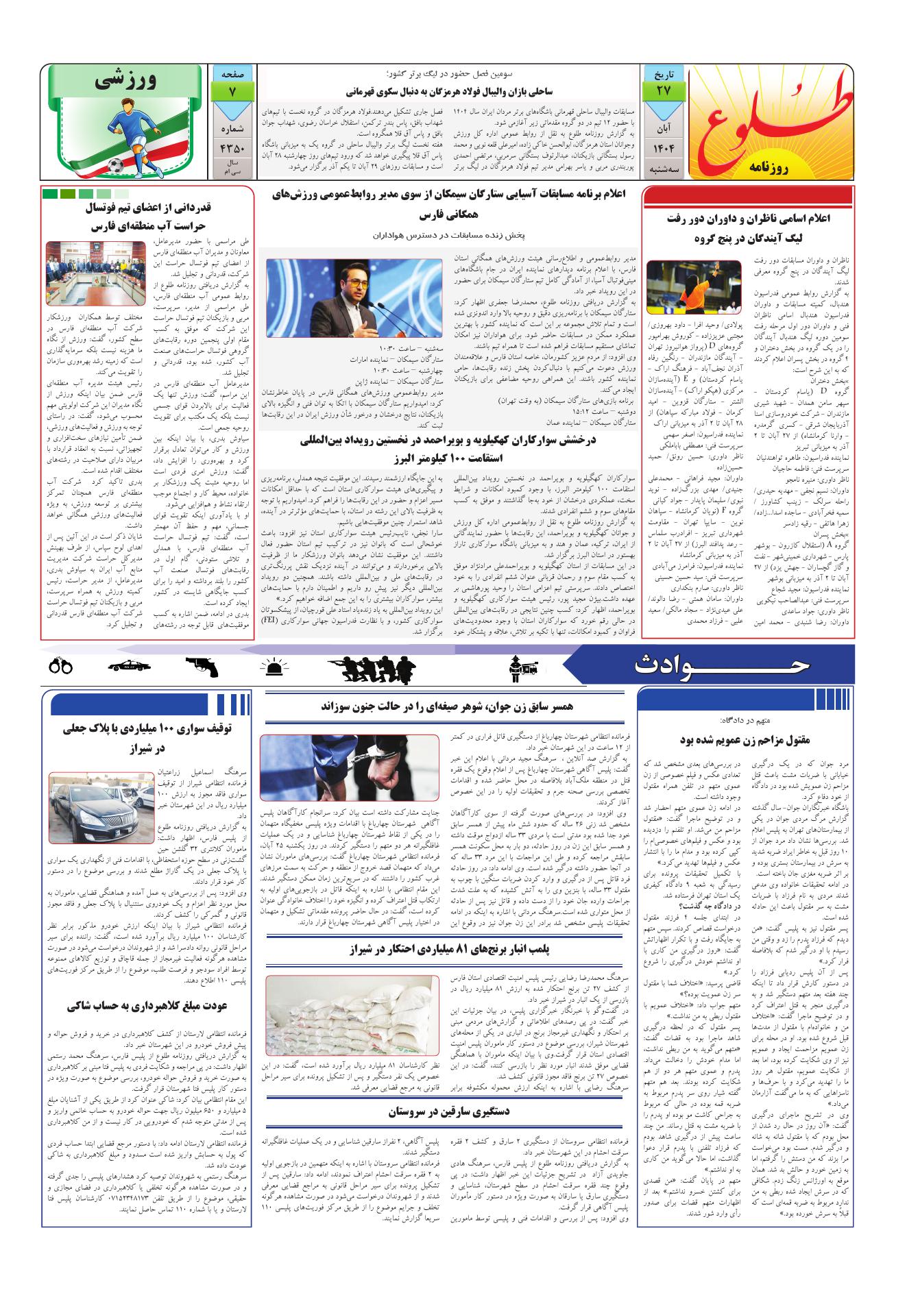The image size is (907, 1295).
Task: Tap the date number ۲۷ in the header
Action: click(664, 90)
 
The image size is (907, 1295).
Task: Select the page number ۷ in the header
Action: click(234, 90)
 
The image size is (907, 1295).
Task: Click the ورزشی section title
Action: click(130, 82)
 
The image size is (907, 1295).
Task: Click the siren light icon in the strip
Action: click(276, 665)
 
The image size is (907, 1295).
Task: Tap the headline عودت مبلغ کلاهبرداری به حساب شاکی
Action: click(152, 1006)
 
